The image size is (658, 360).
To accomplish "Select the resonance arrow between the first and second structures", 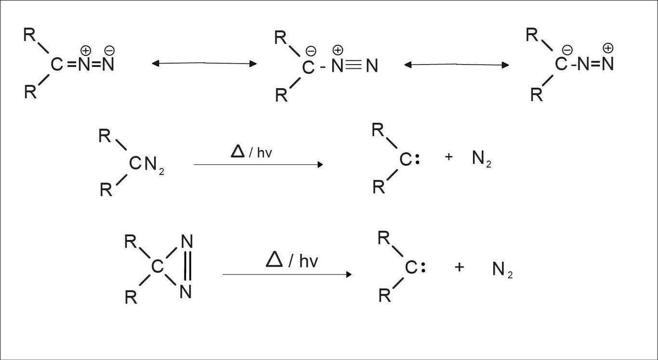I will coord(204,63).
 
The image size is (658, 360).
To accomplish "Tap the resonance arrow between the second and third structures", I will coord(457,64).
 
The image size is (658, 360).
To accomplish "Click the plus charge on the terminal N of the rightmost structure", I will coord(608,48).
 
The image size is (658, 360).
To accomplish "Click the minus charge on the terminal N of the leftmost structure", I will coord(109,50).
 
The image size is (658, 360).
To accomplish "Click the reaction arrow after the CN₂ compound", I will coord(258,164).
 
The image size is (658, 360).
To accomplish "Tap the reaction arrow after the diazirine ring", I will coord(287,274).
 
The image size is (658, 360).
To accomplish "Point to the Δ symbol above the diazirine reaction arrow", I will coord(274,260).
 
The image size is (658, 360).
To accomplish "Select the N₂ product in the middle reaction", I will coord(481,159).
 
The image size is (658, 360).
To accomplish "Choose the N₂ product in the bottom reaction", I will coord(502,269).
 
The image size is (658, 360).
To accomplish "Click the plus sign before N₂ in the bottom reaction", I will coord(459,267).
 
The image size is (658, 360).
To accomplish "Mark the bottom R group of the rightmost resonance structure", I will coord(536,95).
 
